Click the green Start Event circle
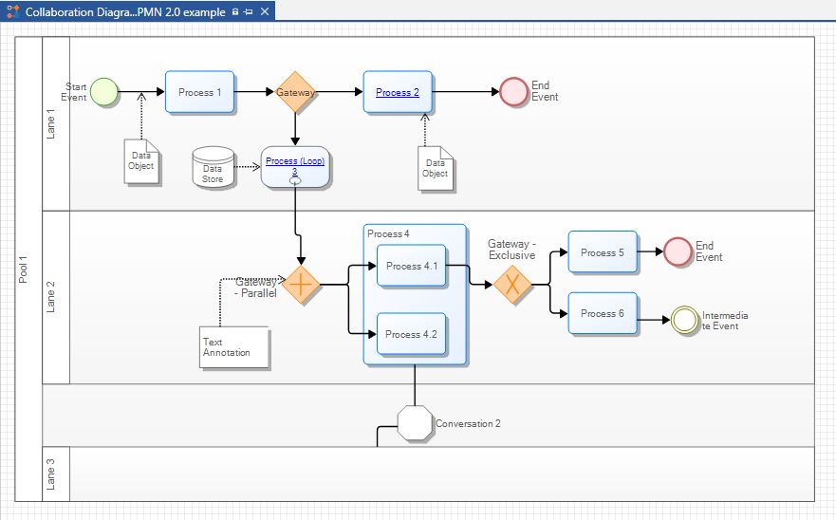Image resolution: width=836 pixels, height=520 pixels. pyautogui.click(x=103, y=92)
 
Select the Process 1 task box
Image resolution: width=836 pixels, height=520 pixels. pyautogui.click(x=199, y=92)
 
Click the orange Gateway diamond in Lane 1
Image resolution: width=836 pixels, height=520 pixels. pyautogui.click(x=296, y=92)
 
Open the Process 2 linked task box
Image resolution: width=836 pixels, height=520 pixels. pyautogui.click(x=398, y=92)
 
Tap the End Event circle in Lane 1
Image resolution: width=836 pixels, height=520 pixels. pyautogui.click(x=513, y=92)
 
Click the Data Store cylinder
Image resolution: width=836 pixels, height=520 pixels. pyautogui.click(x=213, y=167)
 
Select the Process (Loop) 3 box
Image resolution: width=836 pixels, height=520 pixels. pyautogui.click(x=295, y=167)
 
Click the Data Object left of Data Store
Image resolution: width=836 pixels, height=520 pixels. pyautogui.click(x=140, y=161)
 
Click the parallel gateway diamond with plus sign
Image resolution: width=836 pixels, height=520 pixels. pyautogui.click(x=301, y=284)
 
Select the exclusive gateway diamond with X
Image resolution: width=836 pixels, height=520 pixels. pyautogui.click(x=512, y=284)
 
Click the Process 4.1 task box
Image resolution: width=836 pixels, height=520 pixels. pyautogui.click(x=411, y=267)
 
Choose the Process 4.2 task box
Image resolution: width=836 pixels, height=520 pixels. pyautogui.click(x=411, y=334)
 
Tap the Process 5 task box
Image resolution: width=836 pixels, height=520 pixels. pyautogui.click(x=602, y=252)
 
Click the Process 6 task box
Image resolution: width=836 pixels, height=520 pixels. pyautogui.click(x=602, y=313)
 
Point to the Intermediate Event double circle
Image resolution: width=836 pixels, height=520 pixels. pyautogui.click(x=684, y=320)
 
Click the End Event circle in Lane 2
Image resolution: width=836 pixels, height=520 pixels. pyautogui.click(x=678, y=251)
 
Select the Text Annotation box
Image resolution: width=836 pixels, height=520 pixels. pyautogui.click(x=234, y=347)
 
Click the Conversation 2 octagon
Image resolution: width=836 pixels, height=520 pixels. pyautogui.click(x=415, y=423)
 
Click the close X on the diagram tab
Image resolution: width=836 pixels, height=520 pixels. pyautogui.click(x=265, y=12)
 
